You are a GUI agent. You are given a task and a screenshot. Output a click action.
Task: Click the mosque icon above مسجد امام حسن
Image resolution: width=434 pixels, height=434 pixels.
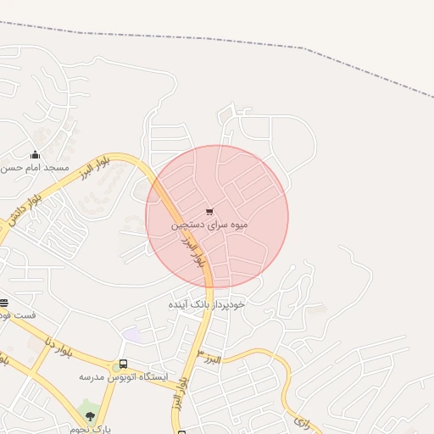35,155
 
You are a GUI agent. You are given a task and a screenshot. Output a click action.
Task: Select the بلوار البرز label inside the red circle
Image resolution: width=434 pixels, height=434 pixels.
192,251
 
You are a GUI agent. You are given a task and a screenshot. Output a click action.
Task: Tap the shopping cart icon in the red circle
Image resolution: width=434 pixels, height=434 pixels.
209,212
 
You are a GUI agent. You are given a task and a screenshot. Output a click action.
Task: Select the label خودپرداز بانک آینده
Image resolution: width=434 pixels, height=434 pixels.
206,303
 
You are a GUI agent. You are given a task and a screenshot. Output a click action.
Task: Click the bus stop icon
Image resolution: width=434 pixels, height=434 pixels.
124,364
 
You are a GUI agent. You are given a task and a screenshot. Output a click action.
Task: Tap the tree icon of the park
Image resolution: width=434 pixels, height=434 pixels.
91,416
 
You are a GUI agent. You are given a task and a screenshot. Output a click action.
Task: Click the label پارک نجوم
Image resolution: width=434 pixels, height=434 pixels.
95,429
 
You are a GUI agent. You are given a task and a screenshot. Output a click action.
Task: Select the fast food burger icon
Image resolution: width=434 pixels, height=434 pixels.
4,303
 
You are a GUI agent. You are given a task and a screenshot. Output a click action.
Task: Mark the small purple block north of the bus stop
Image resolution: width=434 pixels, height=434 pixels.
131,334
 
